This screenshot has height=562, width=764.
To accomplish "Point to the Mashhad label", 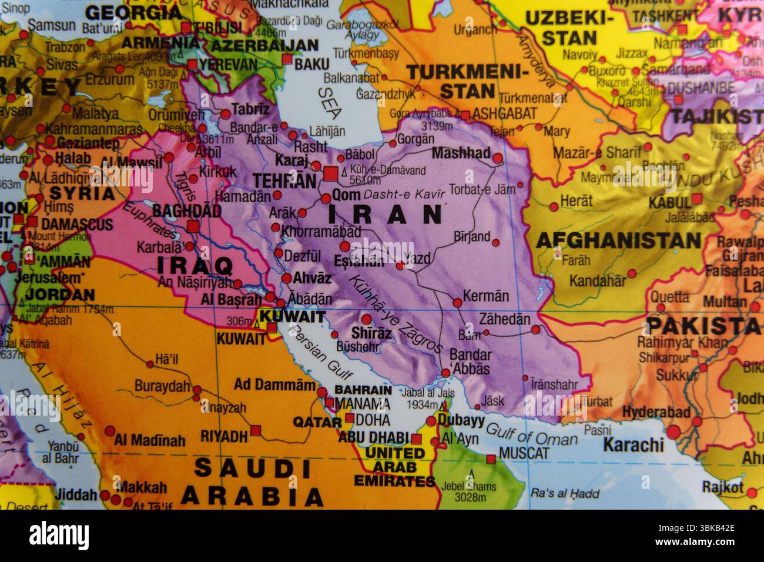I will click(x=461, y=153).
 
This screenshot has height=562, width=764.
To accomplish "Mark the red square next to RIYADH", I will click(x=255, y=431).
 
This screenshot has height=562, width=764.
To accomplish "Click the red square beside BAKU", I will click(x=287, y=59).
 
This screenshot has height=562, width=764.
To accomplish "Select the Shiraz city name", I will click(x=372, y=333).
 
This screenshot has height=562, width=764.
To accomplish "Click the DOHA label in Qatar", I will click(x=373, y=420).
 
